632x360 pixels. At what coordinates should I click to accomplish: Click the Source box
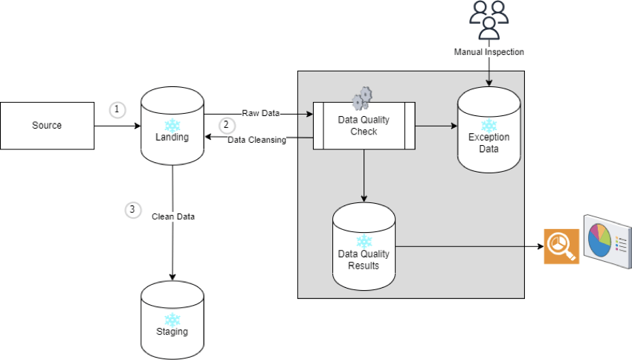point(47,125)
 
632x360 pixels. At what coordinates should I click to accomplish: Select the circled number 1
point(117,109)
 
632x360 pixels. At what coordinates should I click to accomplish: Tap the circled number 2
point(227,126)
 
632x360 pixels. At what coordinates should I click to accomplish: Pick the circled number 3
point(132,210)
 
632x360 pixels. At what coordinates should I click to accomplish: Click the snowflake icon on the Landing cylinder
point(172,124)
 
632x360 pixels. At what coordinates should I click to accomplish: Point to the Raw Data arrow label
point(260,113)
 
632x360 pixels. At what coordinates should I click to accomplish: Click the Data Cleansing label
point(257,139)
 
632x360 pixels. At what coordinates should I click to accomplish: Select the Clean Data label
point(172,216)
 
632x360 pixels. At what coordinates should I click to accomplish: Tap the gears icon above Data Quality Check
point(361,98)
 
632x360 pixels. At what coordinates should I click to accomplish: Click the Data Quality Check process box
point(364,126)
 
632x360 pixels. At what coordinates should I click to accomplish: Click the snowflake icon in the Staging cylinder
point(172,319)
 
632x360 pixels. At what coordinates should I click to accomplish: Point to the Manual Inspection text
point(488,52)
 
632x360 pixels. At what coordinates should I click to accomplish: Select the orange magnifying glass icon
point(561,245)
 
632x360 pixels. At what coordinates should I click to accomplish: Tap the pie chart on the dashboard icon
point(599,237)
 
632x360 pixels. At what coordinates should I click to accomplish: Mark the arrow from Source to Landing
point(117,126)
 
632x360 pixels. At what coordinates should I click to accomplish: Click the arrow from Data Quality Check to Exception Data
point(436,126)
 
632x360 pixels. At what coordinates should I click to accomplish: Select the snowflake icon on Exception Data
point(488,125)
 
